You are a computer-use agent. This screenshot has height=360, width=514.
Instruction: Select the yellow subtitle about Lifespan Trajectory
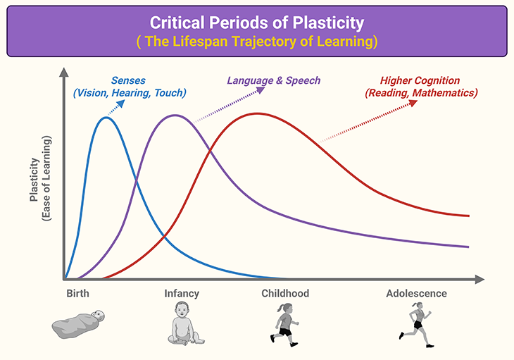256,41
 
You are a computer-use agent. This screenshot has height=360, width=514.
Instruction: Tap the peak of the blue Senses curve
106,118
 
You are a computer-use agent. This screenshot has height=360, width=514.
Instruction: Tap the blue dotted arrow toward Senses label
116,106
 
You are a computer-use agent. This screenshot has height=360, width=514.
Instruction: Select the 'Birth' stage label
77,293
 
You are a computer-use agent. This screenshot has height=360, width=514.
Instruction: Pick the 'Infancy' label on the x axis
182,293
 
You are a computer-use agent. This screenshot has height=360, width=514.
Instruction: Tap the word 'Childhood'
285,293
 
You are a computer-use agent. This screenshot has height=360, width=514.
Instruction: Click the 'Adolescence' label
416,293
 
